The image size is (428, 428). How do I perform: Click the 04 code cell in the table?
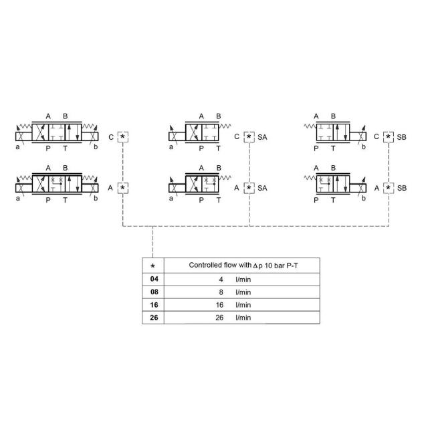pyautogui.click(x=153, y=280)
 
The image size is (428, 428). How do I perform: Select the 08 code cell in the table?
pyautogui.click(x=153, y=292)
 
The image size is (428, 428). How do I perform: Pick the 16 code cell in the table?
pyautogui.click(x=153, y=305)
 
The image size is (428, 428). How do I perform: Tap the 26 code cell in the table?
pyautogui.click(x=153, y=318)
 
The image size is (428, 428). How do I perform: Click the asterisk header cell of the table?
pyautogui.click(x=153, y=265)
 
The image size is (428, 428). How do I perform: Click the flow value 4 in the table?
pyautogui.click(x=221, y=280)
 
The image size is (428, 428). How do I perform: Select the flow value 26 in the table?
pyautogui.click(x=219, y=318)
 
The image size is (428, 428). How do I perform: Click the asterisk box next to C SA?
pyautogui.click(x=249, y=137)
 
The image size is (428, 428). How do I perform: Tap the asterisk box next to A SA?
pyautogui.click(x=249, y=188)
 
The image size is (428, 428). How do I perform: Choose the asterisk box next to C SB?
pyautogui.click(x=389, y=137)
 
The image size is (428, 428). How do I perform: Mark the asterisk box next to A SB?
pyautogui.click(x=389, y=188)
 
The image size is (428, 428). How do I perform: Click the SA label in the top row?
pyautogui.click(x=263, y=137)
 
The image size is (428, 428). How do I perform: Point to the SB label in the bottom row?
pyautogui.click(x=402, y=188)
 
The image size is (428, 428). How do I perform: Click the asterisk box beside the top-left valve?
pyautogui.click(x=123, y=137)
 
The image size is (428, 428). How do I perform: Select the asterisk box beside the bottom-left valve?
pyautogui.click(x=123, y=188)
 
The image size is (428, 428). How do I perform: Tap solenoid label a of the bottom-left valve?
pyautogui.click(x=18, y=197)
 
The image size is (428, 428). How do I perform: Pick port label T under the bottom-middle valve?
pyautogui.click(x=218, y=199)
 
